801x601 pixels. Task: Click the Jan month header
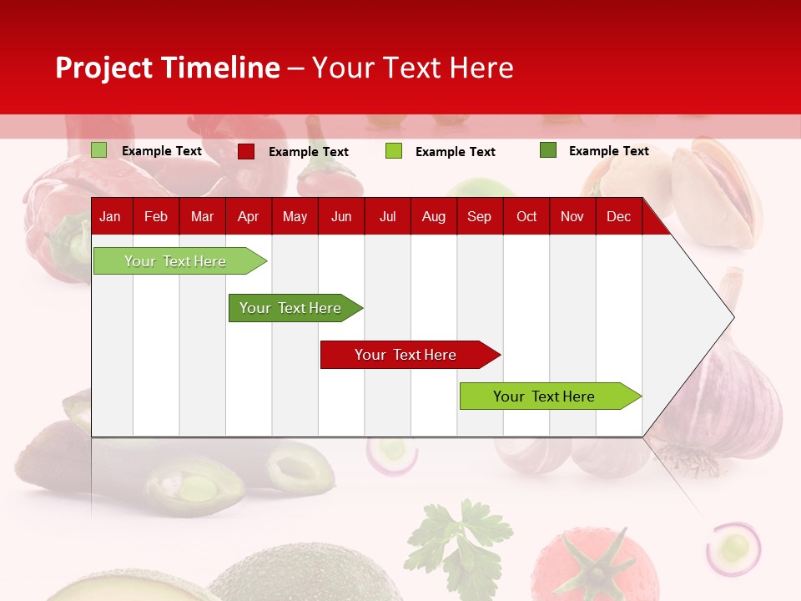(110, 217)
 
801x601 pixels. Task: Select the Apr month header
(248, 217)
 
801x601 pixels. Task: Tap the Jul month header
(387, 217)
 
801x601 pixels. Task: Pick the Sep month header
(479, 217)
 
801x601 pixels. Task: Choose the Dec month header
(618, 217)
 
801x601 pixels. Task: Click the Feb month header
(156, 217)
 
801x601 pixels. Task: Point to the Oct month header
(526, 217)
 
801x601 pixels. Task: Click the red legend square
(246, 151)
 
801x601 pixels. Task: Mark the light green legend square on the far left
(99, 150)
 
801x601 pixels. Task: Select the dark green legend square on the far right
(548, 150)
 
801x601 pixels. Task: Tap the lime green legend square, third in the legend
(394, 151)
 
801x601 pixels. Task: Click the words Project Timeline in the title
(167, 68)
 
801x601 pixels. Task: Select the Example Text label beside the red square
(308, 152)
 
